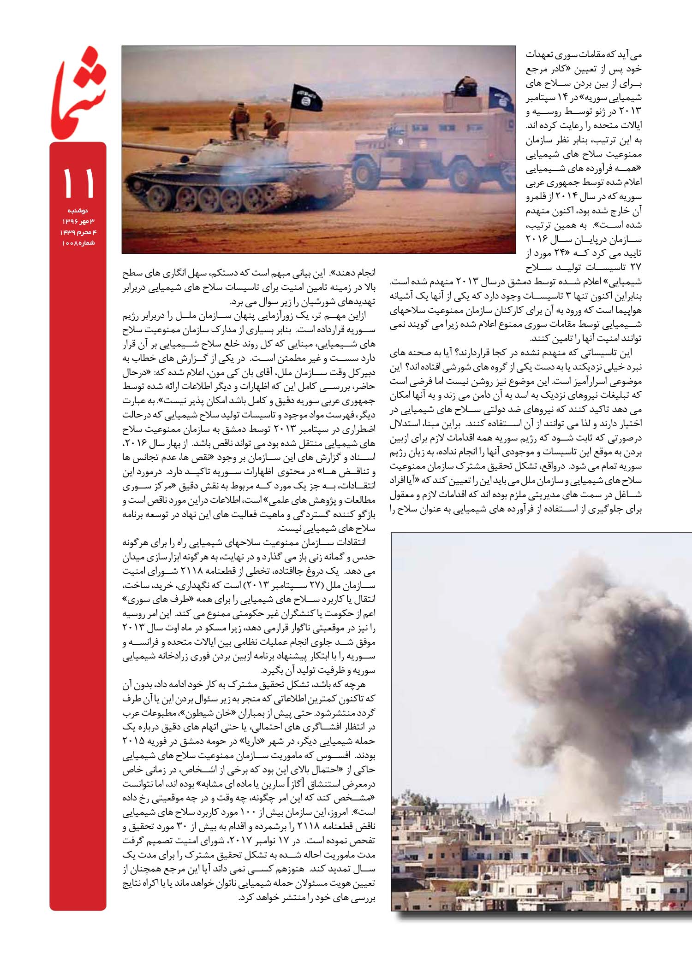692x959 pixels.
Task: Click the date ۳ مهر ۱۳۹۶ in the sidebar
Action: (x=78, y=222)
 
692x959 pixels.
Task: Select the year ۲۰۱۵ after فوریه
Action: (x=134, y=742)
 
